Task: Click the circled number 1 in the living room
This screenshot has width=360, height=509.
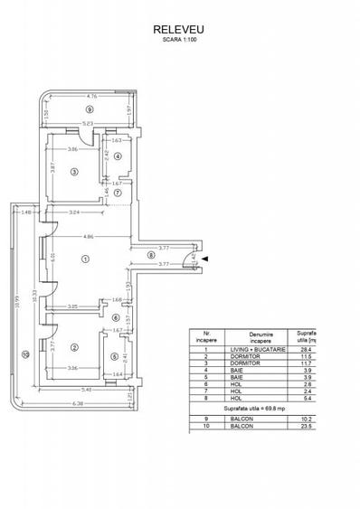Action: [86, 259]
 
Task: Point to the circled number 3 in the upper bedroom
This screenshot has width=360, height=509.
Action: [75, 170]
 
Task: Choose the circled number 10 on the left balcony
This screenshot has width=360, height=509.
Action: [26, 353]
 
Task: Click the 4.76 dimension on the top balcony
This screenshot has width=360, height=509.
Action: [91, 96]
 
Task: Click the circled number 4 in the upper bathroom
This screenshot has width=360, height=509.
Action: [118, 156]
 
